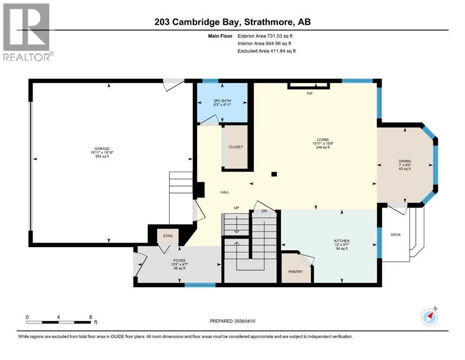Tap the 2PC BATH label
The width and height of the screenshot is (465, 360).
222,101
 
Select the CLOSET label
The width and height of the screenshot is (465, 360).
236,147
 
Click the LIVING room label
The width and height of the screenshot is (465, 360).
323,140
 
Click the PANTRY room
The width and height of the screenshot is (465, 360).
295,271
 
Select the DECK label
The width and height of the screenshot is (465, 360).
396,235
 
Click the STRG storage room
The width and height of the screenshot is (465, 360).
168,236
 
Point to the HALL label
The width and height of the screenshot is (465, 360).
225,192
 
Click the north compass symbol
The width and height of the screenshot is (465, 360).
428,317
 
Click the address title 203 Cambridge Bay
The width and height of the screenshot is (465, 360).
232,22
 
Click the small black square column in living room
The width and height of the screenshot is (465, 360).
274,174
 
